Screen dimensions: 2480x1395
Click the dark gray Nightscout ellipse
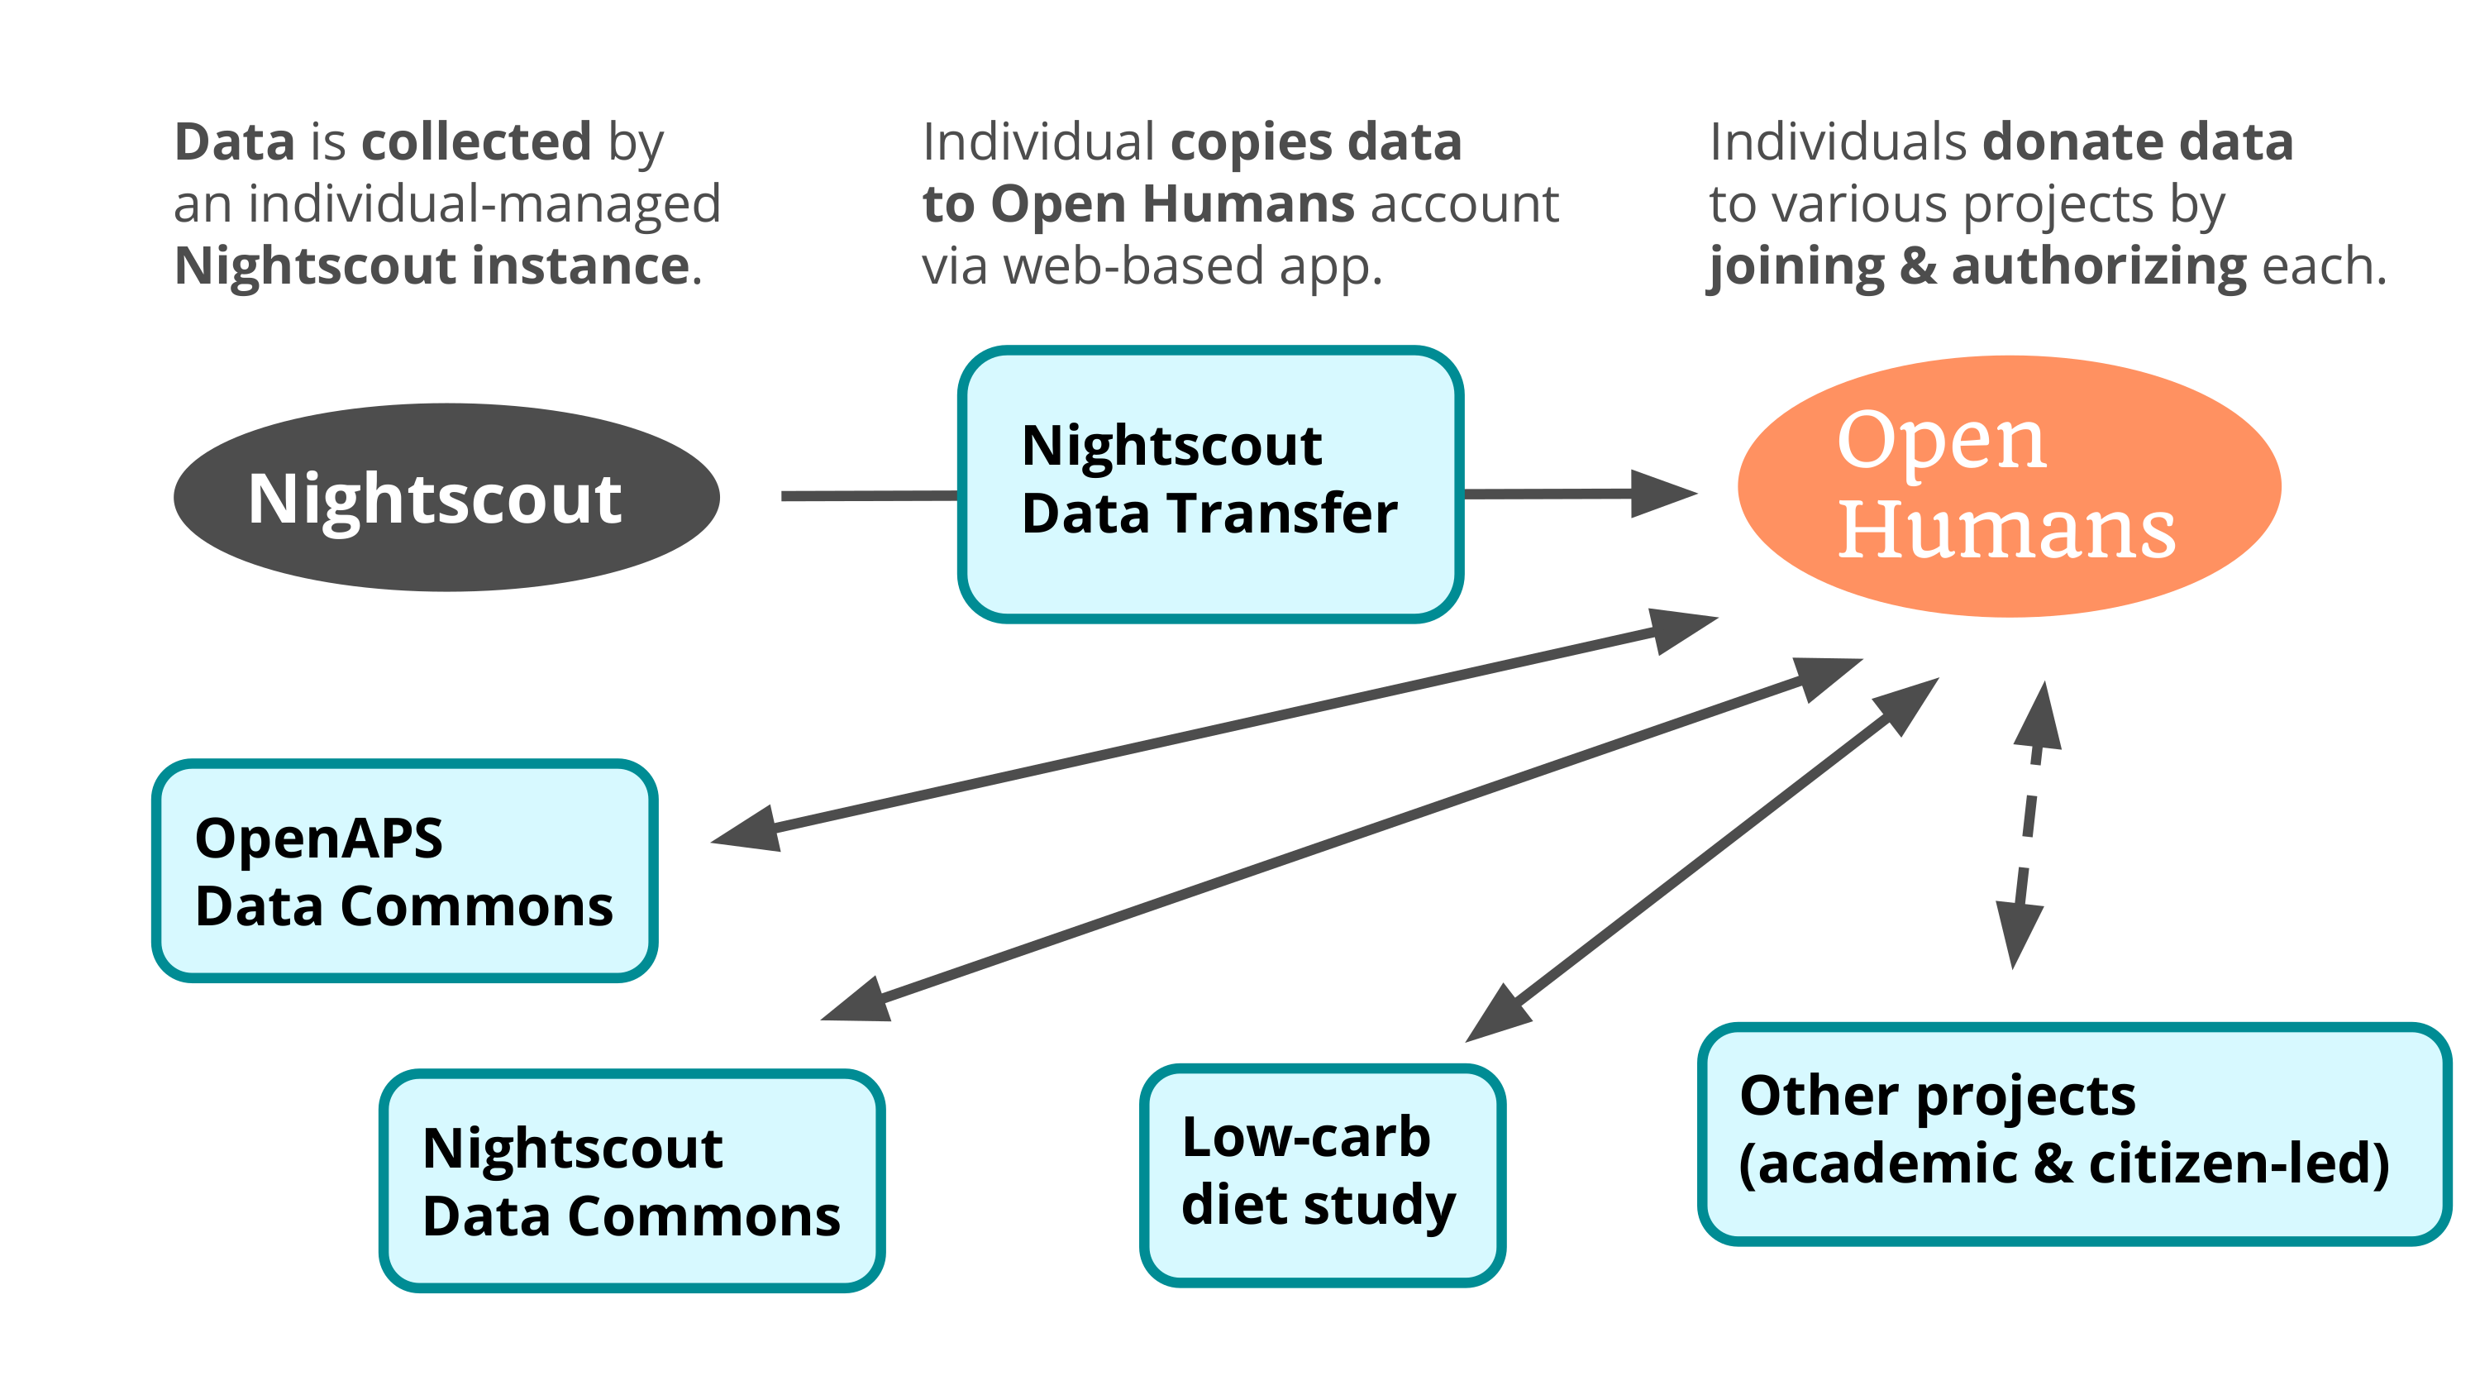(x=446, y=497)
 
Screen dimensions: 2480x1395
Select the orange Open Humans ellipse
(x=2010, y=486)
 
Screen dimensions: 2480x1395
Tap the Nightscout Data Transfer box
(x=1211, y=485)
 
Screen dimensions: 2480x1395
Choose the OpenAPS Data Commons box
(x=404, y=870)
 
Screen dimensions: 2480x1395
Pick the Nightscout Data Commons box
(x=632, y=1180)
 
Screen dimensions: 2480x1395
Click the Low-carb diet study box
(x=1323, y=1174)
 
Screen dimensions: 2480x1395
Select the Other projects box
(x=2075, y=1134)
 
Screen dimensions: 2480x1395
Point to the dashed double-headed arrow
(x=2029, y=825)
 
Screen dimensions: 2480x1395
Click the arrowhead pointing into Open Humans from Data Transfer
(x=1663, y=493)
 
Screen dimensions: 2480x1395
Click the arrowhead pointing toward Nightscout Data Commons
(x=856, y=1001)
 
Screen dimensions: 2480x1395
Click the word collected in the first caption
(x=476, y=142)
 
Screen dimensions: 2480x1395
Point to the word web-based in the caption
(x=1134, y=265)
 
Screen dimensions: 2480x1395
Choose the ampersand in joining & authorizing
(x=1918, y=266)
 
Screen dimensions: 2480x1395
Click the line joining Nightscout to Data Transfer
(x=870, y=496)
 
